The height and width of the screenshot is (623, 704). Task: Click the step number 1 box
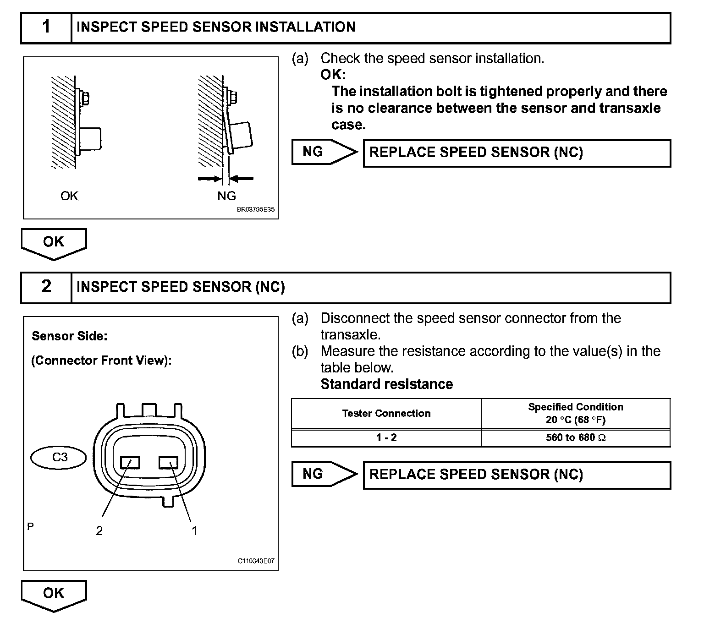click(46, 27)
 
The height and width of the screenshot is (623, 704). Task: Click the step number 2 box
click(46, 287)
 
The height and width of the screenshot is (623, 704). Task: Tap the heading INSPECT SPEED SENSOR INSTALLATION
click(216, 27)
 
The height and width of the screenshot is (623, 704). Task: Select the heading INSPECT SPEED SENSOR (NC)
click(181, 287)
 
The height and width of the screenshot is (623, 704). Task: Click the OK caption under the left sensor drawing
click(69, 196)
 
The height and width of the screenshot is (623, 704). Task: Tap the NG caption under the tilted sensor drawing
click(226, 196)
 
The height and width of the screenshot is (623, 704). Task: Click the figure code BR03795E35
click(256, 210)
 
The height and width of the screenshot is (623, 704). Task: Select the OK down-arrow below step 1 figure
click(54, 243)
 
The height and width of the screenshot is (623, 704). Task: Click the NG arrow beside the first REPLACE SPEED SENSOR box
click(324, 152)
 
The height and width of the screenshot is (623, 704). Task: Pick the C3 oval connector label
click(59, 457)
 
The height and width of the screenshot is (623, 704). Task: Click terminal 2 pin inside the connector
click(130, 463)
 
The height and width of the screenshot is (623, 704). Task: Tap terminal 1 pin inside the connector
click(168, 463)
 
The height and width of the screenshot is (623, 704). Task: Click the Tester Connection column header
click(386, 414)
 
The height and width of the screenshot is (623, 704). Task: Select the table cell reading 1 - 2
click(386, 438)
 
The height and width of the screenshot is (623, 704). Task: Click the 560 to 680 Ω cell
click(576, 438)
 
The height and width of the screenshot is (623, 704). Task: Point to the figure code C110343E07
click(256, 561)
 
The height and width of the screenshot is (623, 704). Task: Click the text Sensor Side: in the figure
click(70, 336)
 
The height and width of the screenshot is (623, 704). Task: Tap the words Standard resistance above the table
click(386, 384)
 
